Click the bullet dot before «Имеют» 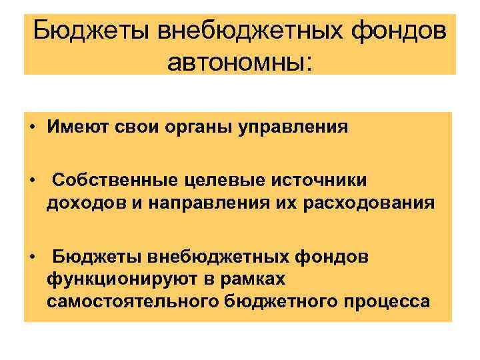pyautogui.click(x=32, y=127)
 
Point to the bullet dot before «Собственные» pyautogui.click(x=32, y=181)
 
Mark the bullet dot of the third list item pyautogui.click(x=32, y=255)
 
